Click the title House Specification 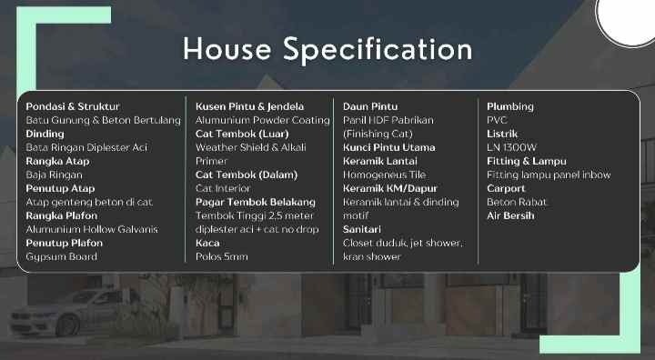point(327,48)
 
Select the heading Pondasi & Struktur point(72,106)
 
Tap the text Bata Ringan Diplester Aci point(86,147)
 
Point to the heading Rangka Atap point(57,161)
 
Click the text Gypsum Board point(61,256)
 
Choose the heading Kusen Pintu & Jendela point(249,106)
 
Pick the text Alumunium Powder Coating point(262,120)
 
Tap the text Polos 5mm point(221,256)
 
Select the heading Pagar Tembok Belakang point(255,202)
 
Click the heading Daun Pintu point(370,106)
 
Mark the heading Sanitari point(362,229)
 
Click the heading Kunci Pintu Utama point(388,147)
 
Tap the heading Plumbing point(510,106)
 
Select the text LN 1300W point(512,147)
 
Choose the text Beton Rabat point(516,202)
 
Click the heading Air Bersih point(510,215)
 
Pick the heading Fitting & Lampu point(526,161)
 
